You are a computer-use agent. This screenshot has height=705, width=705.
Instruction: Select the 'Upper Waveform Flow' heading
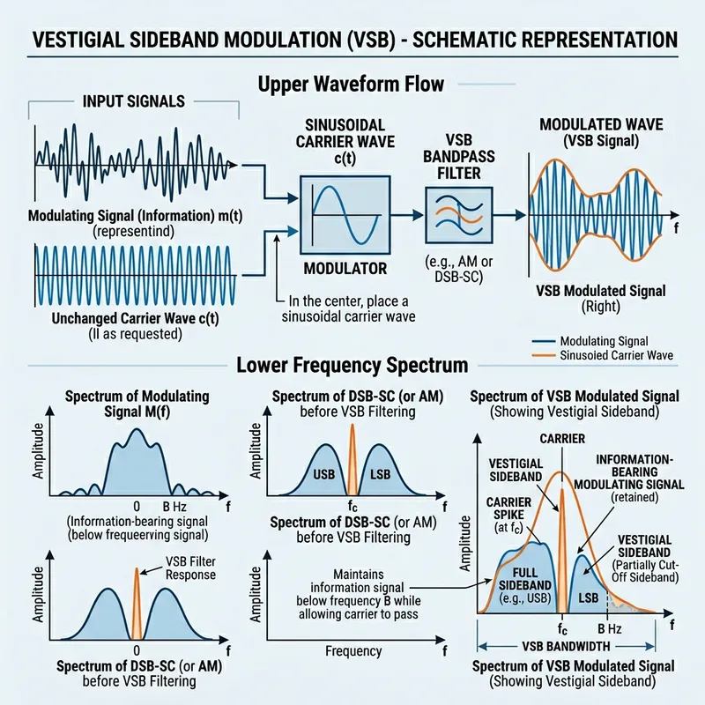pyautogui.click(x=352, y=85)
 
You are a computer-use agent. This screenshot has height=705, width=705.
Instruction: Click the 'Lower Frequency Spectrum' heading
pyautogui.click(x=352, y=363)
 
